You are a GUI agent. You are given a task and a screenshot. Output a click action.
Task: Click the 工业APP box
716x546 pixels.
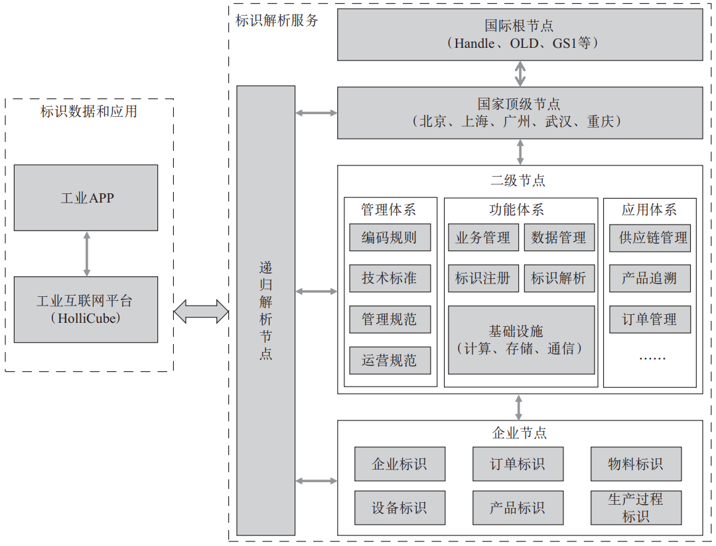pyautogui.click(x=86, y=197)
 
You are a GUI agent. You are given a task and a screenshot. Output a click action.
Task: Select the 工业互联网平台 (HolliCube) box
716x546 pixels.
pyautogui.click(x=86, y=309)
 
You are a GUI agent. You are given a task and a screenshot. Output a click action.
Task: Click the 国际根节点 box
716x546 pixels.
pyautogui.click(x=520, y=35)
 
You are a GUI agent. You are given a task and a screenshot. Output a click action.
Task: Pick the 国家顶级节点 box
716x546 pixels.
pyautogui.click(x=520, y=113)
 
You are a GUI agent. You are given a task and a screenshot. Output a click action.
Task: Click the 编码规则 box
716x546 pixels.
pyautogui.click(x=390, y=238)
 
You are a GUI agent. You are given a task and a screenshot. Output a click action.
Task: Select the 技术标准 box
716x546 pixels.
pyautogui.click(x=390, y=278)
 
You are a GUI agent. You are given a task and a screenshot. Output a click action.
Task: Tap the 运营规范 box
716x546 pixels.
pyautogui.click(x=390, y=361)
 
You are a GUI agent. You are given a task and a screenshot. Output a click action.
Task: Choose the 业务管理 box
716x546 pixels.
pyautogui.click(x=482, y=238)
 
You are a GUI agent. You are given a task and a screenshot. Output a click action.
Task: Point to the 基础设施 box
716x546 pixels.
pyautogui.click(x=521, y=339)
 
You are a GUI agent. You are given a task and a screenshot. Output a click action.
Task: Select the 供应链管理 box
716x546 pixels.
pyautogui.click(x=650, y=238)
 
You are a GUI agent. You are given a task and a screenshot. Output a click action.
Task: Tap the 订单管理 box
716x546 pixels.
pyautogui.click(x=650, y=319)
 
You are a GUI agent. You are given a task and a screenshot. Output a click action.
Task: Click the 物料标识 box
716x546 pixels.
pyautogui.click(x=636, y=464)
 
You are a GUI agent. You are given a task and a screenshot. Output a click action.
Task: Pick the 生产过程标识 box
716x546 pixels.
pyautogui.click(x=636, y=507)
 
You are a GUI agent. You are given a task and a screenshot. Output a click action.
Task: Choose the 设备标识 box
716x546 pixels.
pyautogui.click(x=399, y=507)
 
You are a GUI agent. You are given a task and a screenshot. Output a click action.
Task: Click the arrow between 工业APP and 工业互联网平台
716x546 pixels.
pyautogui.click(x=86, y=254)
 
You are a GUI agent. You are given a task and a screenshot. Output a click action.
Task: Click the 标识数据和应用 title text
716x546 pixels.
pyautogui.click(x=89, y=112)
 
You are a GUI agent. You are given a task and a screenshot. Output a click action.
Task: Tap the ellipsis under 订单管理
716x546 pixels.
pyautogui.click(x=651, y=357)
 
